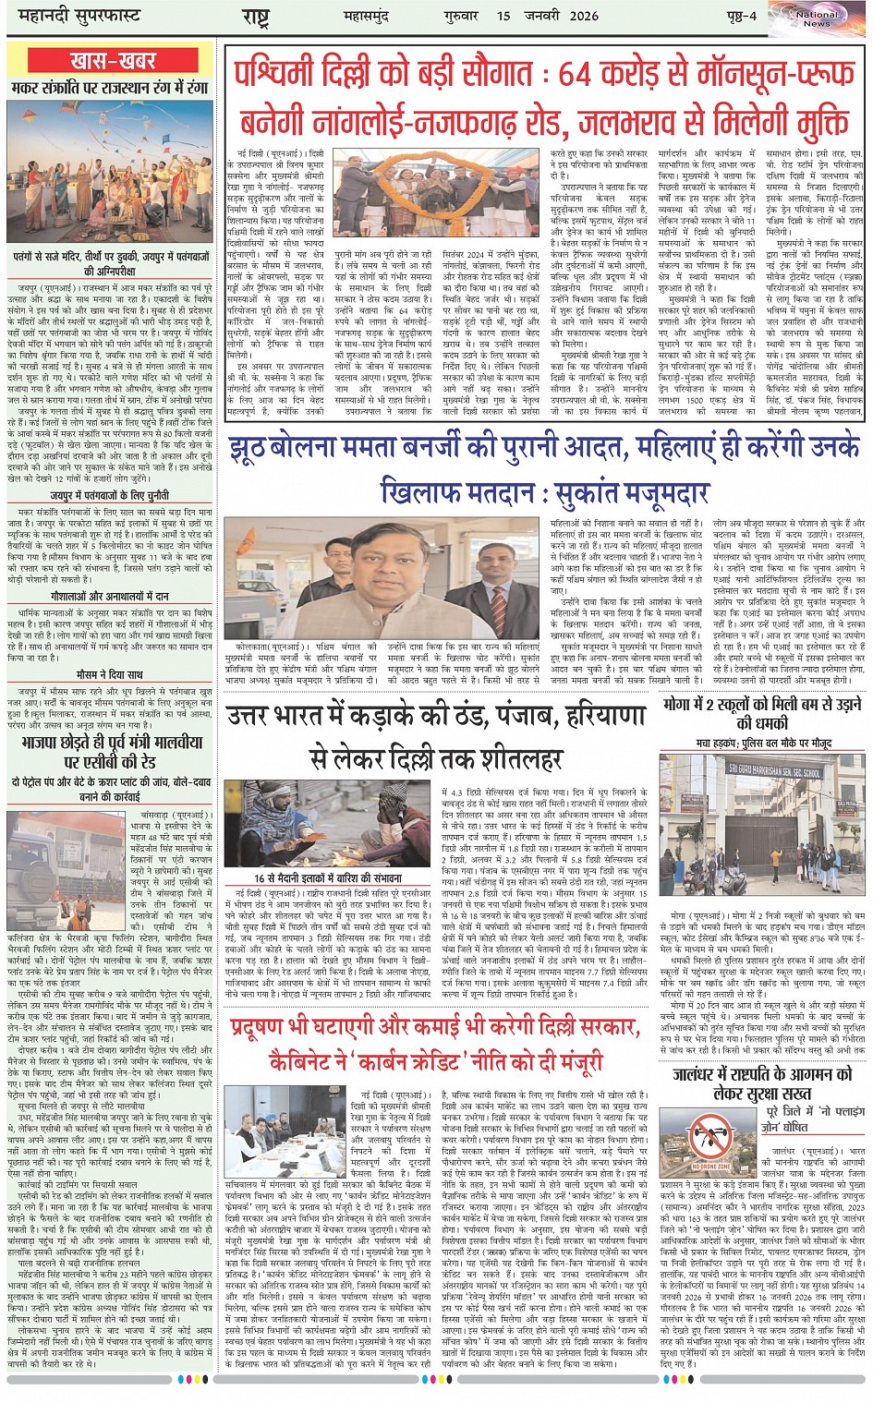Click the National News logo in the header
click(x=816, y=18)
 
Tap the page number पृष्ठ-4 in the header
click(x=740, y=16)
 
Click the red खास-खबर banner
click(x=112, y=61)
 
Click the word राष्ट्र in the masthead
click(x=255, y=17)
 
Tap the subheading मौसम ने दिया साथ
click(x=110, y=675)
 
